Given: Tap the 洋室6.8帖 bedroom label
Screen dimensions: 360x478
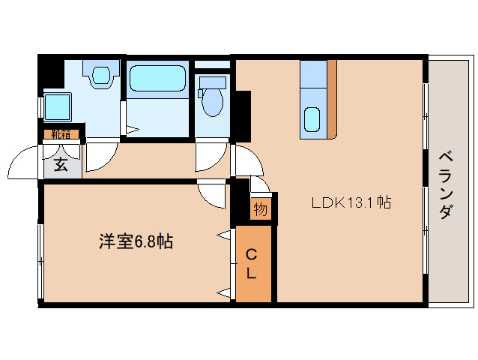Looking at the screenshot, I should click(x=136, y=241).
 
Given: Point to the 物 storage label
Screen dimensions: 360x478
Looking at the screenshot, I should click(x=259, y=209).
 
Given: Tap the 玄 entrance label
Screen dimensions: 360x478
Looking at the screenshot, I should click(x=60, y=165).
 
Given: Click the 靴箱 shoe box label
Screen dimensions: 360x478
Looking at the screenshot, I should click(x=61, y=135).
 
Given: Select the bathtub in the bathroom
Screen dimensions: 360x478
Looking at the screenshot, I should click(x=157, y=79).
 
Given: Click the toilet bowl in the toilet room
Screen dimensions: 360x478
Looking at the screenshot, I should click(x=213, y=100).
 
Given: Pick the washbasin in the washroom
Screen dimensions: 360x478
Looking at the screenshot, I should click(x=100, y=74).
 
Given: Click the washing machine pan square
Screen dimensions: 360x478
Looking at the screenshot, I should click(x=57, y=106).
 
